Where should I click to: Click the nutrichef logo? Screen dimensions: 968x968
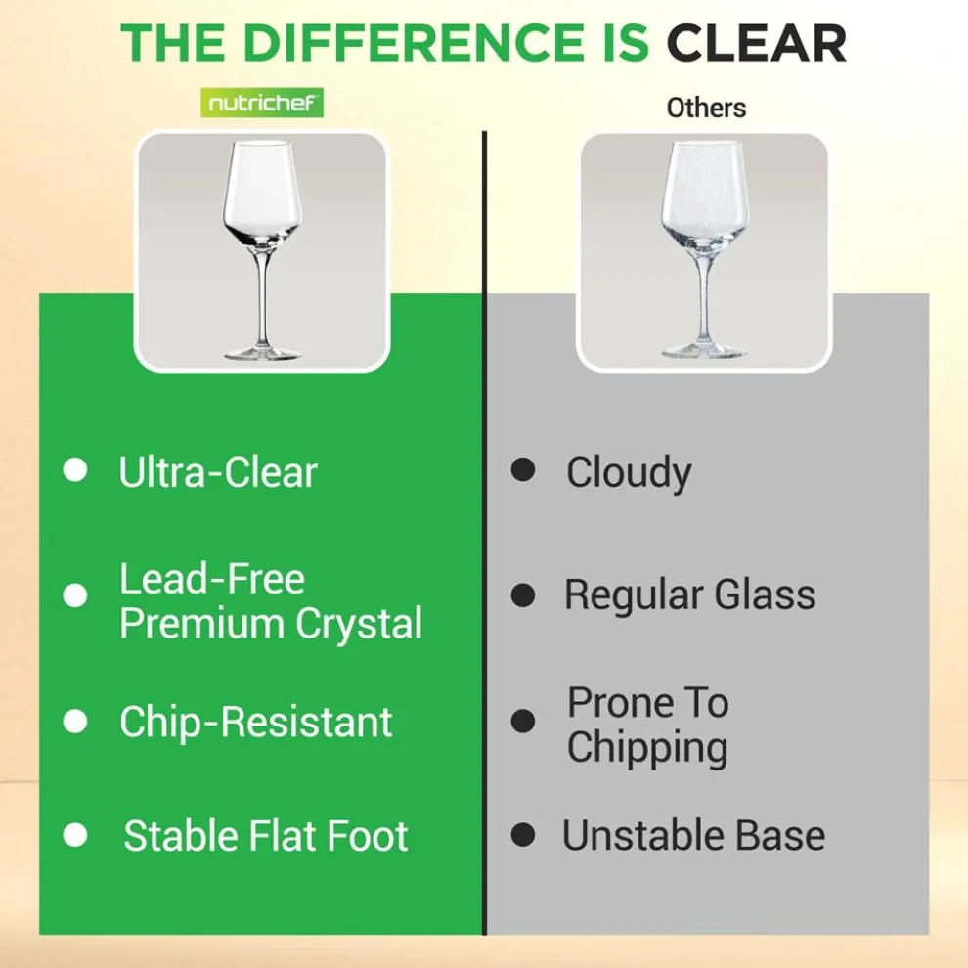click(x=261, y=103)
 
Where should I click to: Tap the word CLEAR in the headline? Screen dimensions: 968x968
click(x=755, y=43)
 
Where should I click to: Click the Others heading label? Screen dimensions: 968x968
click(x=706, y=108)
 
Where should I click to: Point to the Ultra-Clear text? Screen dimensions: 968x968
click(x=218, y=472)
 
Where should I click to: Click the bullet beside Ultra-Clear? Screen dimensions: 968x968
click(x=75, y=470)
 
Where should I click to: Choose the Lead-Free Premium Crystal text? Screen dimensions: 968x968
click(x=270, y=601)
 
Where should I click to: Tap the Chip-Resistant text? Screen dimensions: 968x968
click(x=255, y=723)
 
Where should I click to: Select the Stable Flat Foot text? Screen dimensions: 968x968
click(x=265, y=837)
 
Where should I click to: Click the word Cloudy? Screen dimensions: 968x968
click(x=628, y=472)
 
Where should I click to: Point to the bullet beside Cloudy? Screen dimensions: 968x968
click(x=523, y=470)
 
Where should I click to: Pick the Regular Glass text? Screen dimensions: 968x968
click(x=689, y=594)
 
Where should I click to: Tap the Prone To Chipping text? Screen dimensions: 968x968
click(x=647, y=725)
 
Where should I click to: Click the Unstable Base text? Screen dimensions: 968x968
click(x=693, y=836)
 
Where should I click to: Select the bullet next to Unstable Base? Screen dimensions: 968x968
click(x=523, y=835)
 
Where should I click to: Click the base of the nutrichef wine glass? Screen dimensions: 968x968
click(x=261, y=351)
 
